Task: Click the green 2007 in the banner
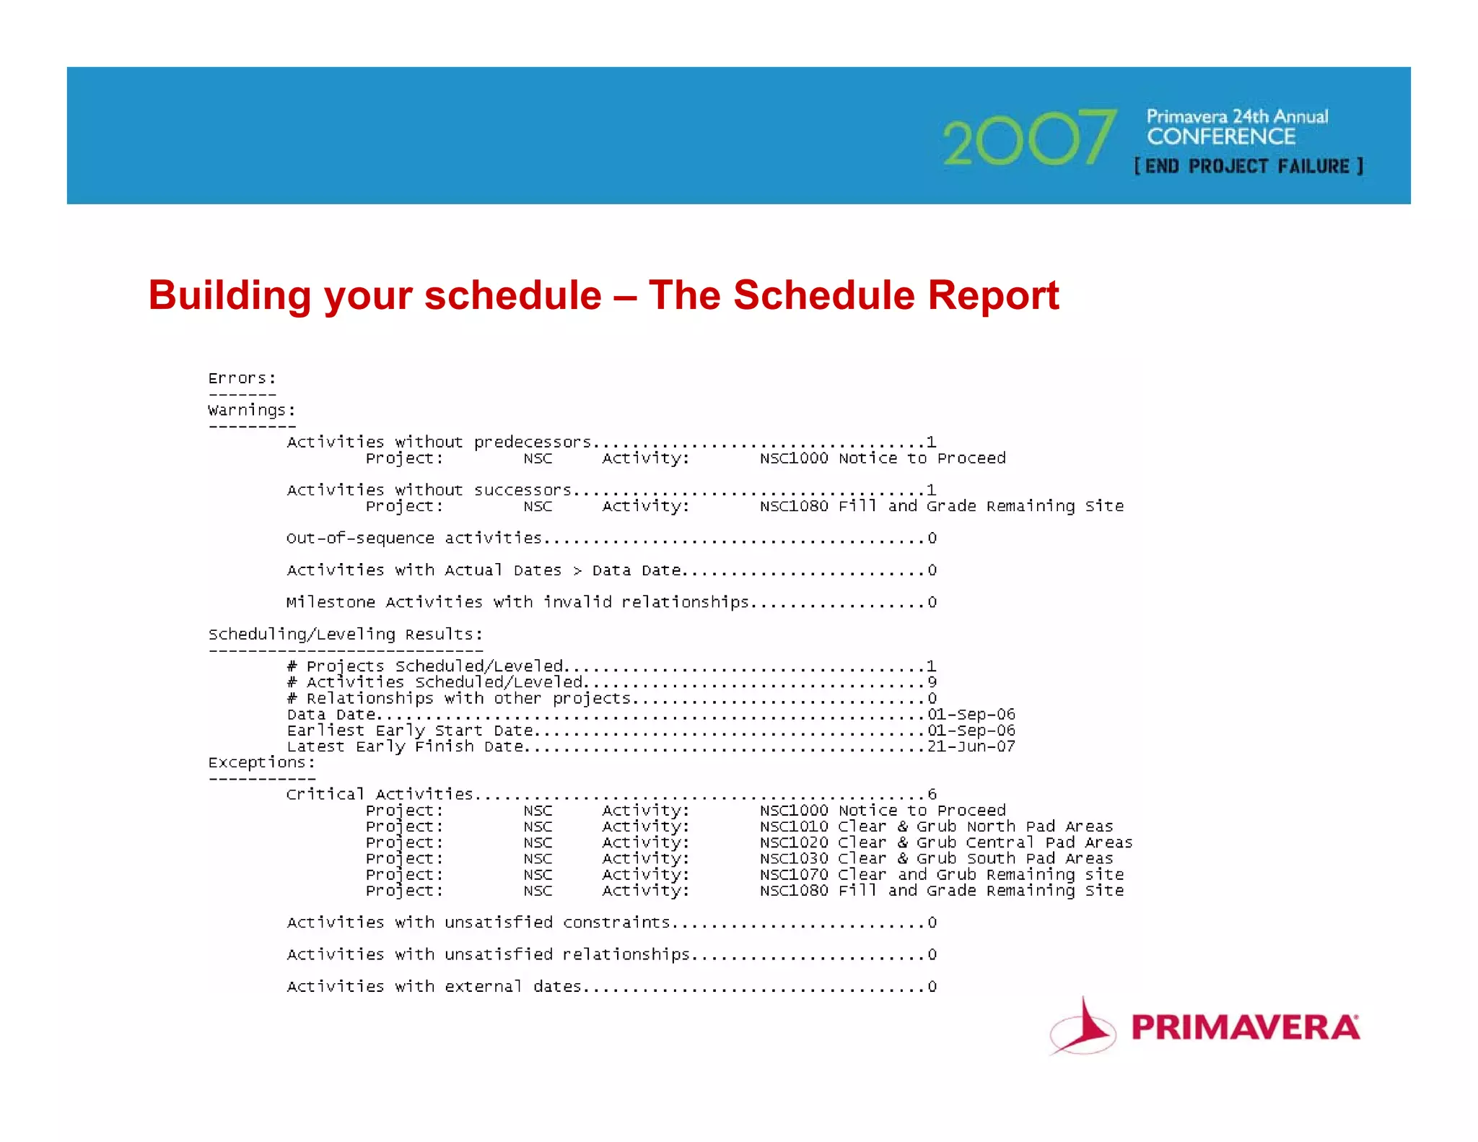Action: (x=1029, y=138)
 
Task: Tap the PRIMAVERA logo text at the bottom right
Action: (x=1245, y=1027)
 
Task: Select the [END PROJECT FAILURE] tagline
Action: (x=1249, y=167)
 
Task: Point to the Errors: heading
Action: (x=242, y=378)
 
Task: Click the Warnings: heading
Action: (x=252, y=410)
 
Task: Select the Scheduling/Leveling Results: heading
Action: (x=345, y=635)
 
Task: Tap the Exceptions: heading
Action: (x=261, y=762)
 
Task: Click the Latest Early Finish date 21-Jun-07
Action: (x=971, y=746)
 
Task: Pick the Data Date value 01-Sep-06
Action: (x=971, y=715)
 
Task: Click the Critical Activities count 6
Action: (x=932, y=795)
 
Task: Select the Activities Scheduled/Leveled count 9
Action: (x=932, y=682)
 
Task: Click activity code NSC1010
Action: (x=793, y=827)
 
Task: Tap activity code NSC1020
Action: (x=793, y=842)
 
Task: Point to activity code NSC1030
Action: (x=793, y=858)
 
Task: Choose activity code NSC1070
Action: (x=793, y=875)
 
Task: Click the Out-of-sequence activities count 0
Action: (x=932, y=539)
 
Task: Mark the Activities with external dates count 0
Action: (x=932, y=987)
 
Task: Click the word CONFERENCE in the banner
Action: (x=1221, y=136)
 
